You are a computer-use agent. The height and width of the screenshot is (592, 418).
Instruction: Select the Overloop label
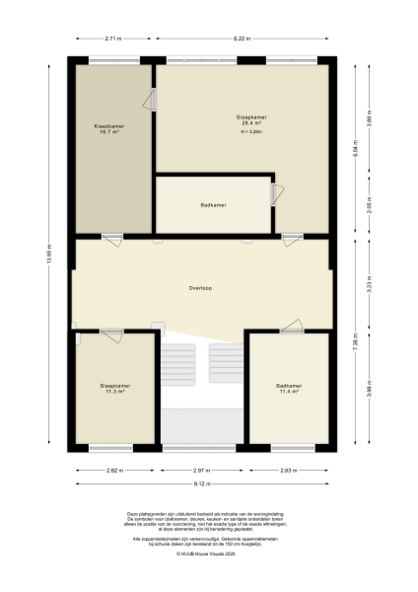point(202,287)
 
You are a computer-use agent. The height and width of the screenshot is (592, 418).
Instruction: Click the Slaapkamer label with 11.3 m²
point(115,385)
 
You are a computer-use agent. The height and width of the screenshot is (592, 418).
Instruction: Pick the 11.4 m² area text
point(289,391)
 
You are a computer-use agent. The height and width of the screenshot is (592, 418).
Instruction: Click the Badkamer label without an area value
point(214,205)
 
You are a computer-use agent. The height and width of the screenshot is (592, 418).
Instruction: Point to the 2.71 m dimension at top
point(112,38)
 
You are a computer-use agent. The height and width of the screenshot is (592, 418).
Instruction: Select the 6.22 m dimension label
point(241,38)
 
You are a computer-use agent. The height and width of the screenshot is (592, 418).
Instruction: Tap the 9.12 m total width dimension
point(202,484)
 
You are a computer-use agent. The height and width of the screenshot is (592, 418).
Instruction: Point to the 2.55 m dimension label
point(369,208)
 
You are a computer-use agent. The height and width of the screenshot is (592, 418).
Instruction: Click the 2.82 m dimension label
point(115,471)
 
